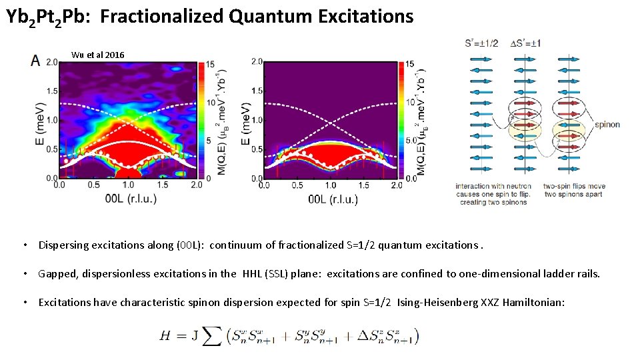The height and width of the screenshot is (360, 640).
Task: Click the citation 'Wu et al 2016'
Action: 97,55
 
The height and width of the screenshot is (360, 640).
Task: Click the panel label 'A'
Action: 35,61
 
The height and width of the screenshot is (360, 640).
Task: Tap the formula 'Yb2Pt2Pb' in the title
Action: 47,17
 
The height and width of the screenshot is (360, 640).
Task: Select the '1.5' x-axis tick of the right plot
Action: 363,185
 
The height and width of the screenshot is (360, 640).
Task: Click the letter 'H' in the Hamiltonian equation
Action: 165,336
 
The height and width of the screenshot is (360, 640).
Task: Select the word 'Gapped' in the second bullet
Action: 55,273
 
